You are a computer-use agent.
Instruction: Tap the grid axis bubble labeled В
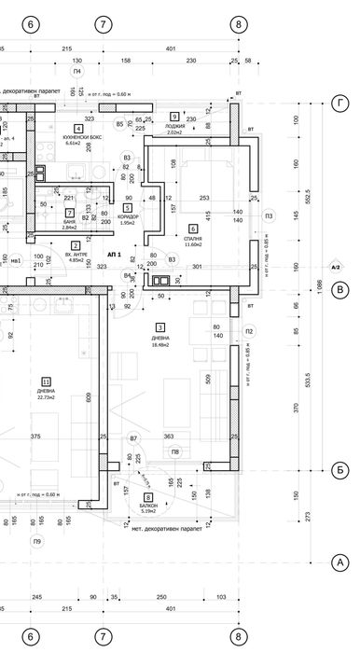click(339, 290)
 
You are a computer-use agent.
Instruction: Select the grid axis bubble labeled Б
click(339, 471)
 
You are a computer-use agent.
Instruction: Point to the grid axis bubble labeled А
click(339, 562)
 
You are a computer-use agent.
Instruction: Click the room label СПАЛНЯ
click(194, 239)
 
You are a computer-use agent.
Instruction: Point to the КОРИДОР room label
click(128, 215)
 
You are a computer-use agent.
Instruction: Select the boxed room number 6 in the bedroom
click(194, 229)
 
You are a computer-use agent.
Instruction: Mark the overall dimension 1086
click(320, 291)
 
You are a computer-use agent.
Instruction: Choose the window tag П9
click(36, 541)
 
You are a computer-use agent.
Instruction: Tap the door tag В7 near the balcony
click(133, 437)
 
